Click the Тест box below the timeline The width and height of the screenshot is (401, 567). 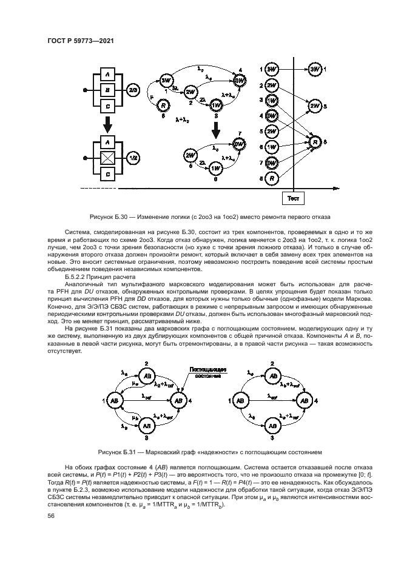pos(294,198)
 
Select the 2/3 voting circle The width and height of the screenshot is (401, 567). pos(132,90)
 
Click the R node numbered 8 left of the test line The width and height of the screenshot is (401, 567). pos(272,179)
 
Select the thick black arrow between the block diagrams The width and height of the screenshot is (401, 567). pos(107,124)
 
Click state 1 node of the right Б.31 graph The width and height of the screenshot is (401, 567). pos(240,401)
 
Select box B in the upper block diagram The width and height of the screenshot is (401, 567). pos(107,90)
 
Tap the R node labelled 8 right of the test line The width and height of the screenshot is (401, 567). pos(315,143)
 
